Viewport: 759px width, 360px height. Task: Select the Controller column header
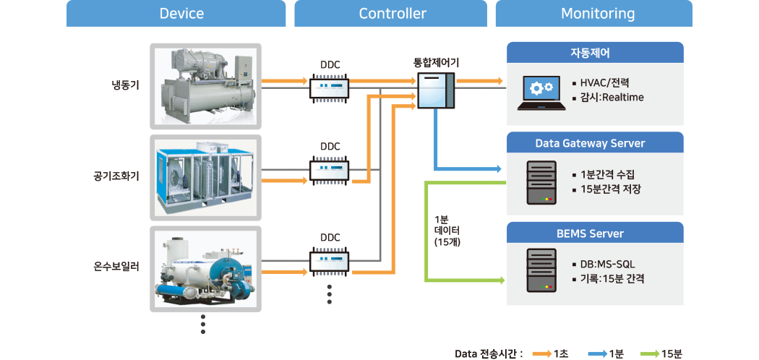[393, 14]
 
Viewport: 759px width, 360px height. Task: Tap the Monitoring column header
[598, 14]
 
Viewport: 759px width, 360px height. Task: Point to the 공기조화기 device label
[116, 176]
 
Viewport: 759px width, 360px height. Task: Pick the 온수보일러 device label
[116, 267]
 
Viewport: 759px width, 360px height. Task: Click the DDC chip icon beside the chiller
[330, 88]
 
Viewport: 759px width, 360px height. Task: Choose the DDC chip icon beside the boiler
[330, 260]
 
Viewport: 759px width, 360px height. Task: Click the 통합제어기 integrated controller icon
[436, 92]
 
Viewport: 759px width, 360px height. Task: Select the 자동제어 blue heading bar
[595, 53]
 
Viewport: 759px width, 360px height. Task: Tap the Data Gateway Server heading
[595, 143]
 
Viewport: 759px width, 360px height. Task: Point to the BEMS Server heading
[595, 233]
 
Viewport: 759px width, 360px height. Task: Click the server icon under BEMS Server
[541, 270]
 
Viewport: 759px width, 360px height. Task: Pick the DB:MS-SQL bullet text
[607, 264]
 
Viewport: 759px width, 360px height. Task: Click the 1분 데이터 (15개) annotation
[442, 231]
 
